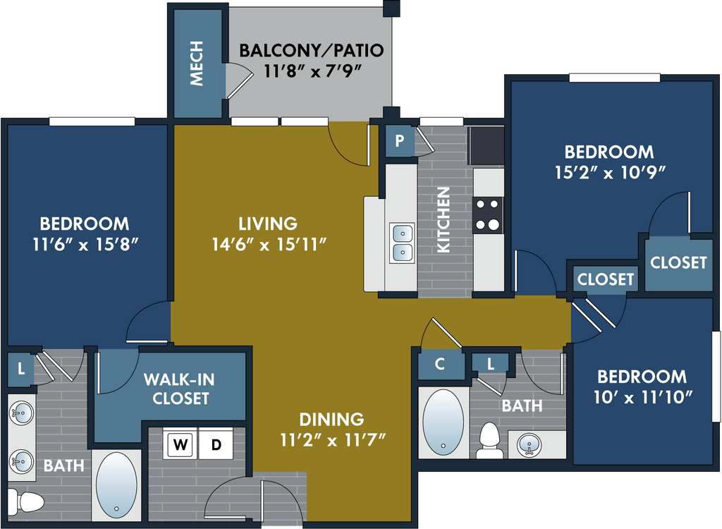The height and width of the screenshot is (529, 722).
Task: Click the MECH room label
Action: pyautogui.click(x=197, y=64)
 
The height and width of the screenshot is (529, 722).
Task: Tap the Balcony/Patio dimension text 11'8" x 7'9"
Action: pyautogui.click(x=311, y=71)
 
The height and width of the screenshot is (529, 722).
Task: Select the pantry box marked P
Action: pyautogui.click(x=400, y=141)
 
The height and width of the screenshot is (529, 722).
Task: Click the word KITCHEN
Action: pyautogui.click(x=444, y=219)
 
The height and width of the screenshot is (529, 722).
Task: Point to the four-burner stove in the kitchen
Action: pyautogui.click(x=488, y=215)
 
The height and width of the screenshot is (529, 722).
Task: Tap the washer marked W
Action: pyautogui.click(x=181, y=445)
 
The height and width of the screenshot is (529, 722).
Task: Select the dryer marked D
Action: pyautogui.click(x=216, y=445)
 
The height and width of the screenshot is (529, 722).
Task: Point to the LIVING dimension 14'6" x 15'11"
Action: pyautogui.click(x=268, y=244)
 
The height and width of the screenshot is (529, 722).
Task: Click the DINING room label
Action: pyautogui.click(x=331, y=420)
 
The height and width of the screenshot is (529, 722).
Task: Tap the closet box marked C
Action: pyautogui.click(x=440, y=364)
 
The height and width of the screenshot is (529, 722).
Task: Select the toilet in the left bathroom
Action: pyautogui.click(x=28, y=502)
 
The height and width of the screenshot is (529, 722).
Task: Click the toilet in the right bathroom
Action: pyautogui.click(x=489, y=442)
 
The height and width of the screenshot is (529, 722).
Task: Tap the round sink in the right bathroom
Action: pyautogui.click(x=530, y=444)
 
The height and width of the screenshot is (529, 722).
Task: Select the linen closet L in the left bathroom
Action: pyautogui.click(x=21, y=368)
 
